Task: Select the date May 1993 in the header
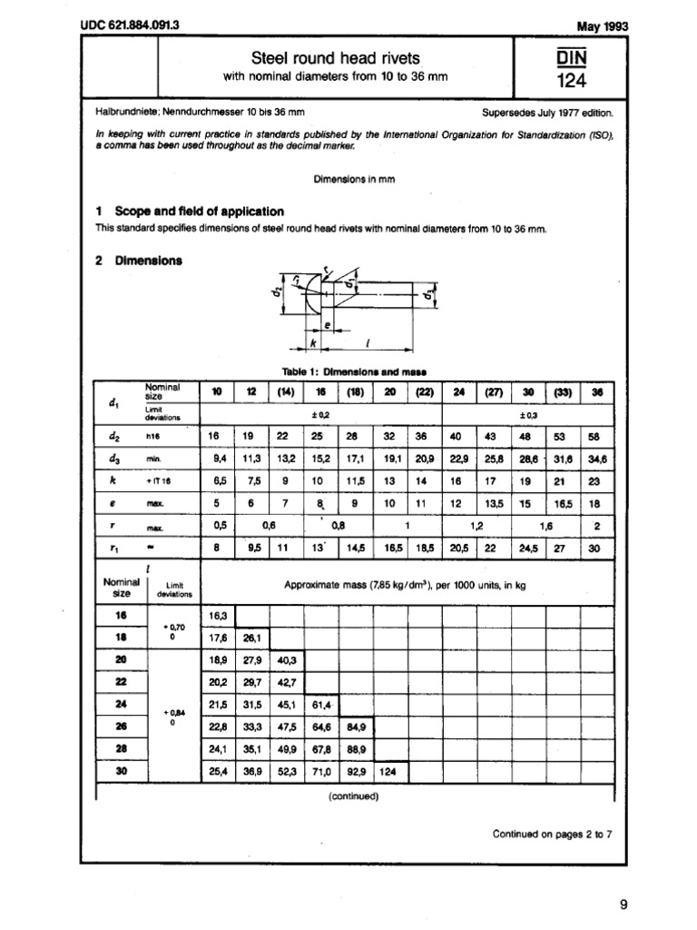coord(602,26)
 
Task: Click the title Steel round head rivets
coord(335,58)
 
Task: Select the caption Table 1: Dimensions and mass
coord(349,371)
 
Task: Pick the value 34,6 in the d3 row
coord(595,460)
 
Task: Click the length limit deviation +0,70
coord(172,628)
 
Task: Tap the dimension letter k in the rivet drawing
coord(312,343)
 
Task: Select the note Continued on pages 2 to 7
coord(552,833)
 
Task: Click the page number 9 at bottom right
coord(623,904)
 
